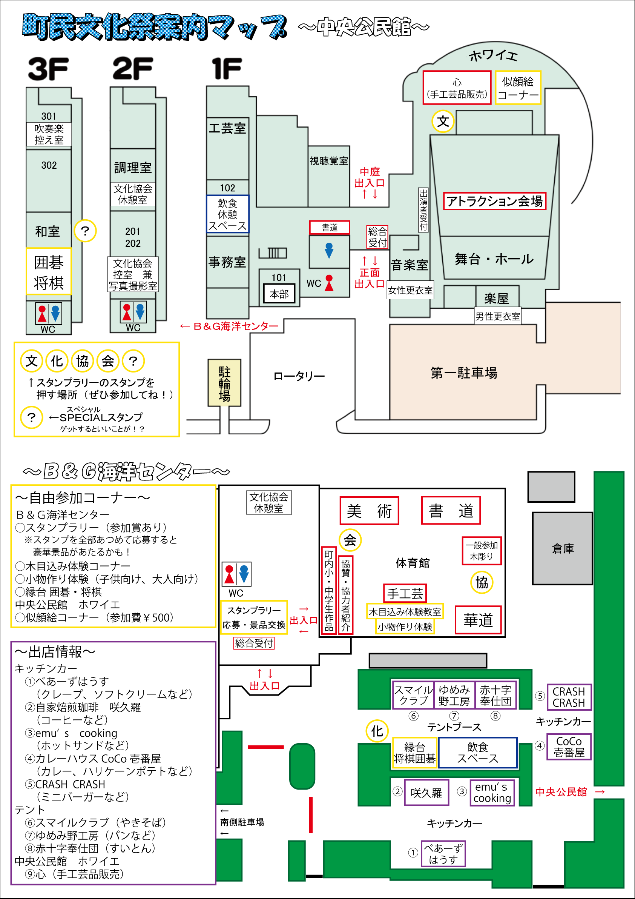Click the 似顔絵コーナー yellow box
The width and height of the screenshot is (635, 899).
(x=518, y=88)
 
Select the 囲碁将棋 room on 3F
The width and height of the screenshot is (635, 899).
(x=49, y=271)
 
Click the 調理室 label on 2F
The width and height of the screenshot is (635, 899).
(x=133, y=168)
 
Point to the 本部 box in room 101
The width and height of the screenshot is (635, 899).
(x=279, y=294)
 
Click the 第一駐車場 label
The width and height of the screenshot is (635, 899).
(x=464, y=373)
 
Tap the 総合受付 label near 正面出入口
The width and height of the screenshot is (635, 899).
(x=377, y=237)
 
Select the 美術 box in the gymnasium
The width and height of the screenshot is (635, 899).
(x=369, y=511)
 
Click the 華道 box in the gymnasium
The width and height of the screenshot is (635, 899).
(x=478, y=620)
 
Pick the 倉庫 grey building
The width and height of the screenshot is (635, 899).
(x=562, y=548)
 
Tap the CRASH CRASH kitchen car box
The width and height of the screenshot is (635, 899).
(x=569, y=697)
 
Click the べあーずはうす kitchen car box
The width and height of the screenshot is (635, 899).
(x=443, y=854)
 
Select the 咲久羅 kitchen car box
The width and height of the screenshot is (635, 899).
(x=426, y=793)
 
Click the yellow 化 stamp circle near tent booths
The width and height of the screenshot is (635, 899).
(x=377, y=731)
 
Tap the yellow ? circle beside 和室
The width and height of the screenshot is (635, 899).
(x=85, y=231)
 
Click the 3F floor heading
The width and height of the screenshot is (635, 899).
(x=48, y=69)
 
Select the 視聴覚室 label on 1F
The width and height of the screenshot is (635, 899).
(x=329, y=161)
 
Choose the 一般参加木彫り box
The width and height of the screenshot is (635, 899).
(x=481, y=551)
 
